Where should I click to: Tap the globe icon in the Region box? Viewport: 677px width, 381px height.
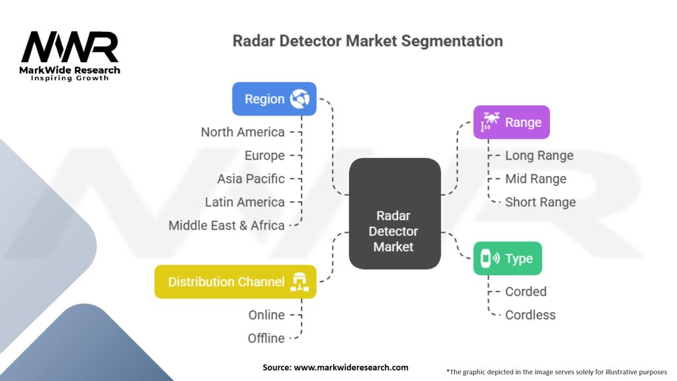click(x=299, y=99)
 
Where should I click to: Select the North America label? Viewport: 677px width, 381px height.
click(x=243, y=132)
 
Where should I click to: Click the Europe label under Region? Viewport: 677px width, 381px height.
click(x=264, y=155)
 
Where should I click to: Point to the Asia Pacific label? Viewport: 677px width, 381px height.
click(x=251, y=179)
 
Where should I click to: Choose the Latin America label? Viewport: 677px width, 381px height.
click(x=245, y=202)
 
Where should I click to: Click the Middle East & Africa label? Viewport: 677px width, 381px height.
click(x=226, y=226)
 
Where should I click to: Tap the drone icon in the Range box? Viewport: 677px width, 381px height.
click(x=491, y=122)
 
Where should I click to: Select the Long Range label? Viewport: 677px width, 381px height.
click(x=539, y=155)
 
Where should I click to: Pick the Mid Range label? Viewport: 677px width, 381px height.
click(x=536, y=179)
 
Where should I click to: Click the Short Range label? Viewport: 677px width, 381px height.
click(x=540, y=202)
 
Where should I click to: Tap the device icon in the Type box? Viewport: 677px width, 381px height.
click(x=490, y=259)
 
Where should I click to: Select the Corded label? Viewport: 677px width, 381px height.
click(x=526, y=292)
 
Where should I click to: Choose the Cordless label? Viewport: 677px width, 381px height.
click(x=530, y=315)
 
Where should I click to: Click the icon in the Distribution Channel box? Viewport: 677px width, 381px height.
click(x=299, y=282)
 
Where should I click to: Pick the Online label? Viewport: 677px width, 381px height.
click(x=266, y=315)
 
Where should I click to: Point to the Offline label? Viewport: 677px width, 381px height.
click(x=266, y=338)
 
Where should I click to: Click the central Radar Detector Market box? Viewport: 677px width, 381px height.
click(x=395, y=214)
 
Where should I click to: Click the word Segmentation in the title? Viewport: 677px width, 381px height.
click(x=452, y=41)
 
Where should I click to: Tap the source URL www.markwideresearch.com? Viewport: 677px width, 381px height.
click(x=351, y=368)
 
